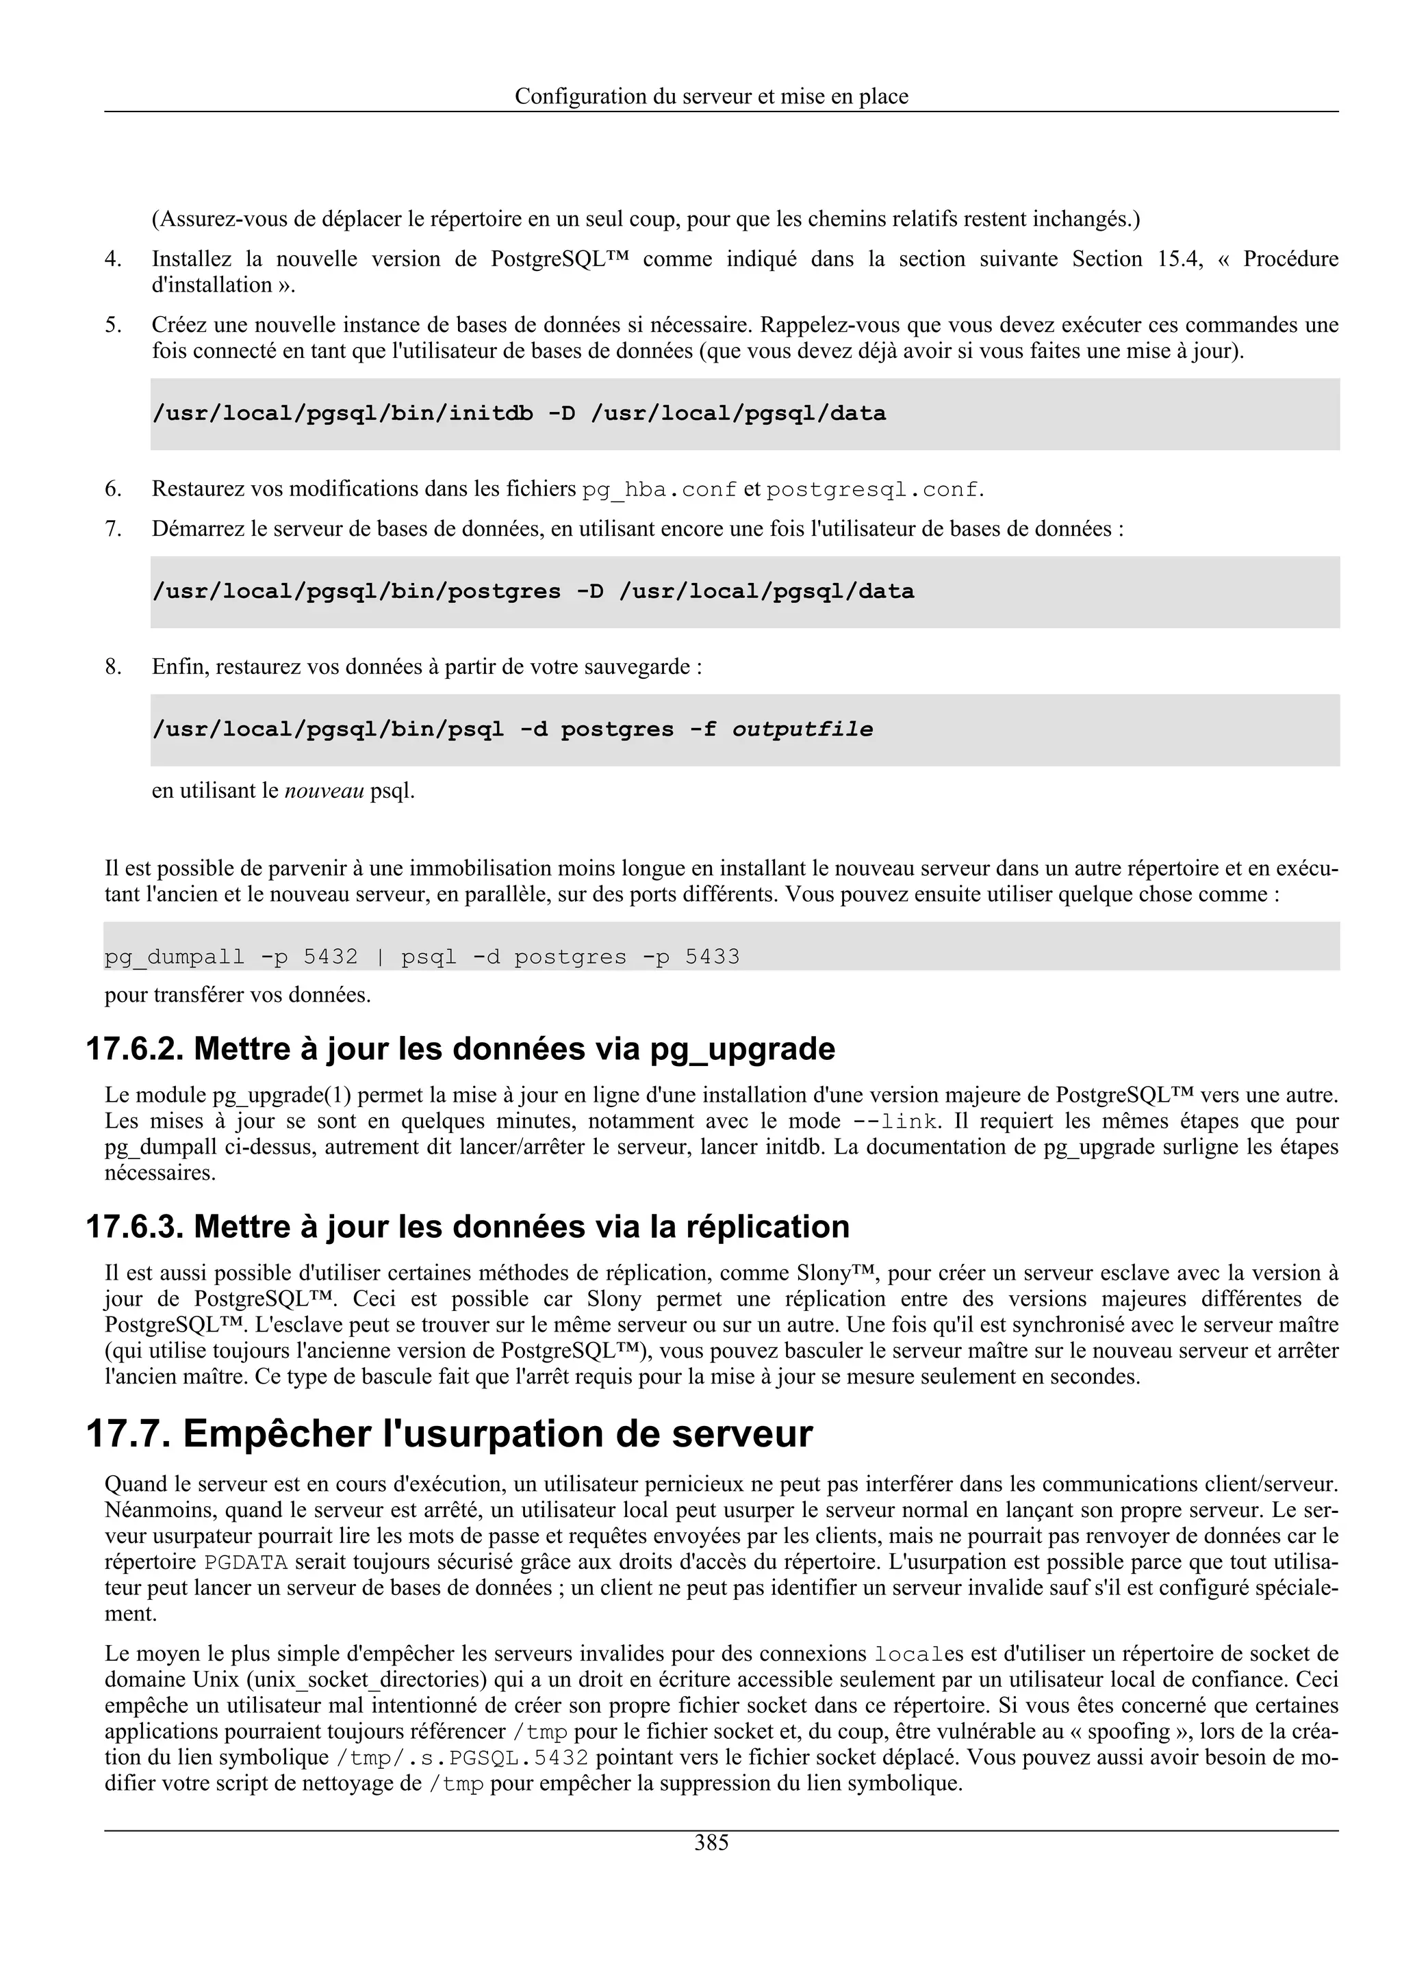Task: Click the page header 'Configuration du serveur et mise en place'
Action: point(711,96)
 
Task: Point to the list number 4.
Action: point(112,259)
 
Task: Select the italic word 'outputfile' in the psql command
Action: point(802,730)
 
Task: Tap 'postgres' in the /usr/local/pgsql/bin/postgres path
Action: point(504,593)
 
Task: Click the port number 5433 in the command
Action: point(712,957)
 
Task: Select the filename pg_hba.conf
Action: point(659,491)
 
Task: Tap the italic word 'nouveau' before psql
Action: point(324,791)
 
